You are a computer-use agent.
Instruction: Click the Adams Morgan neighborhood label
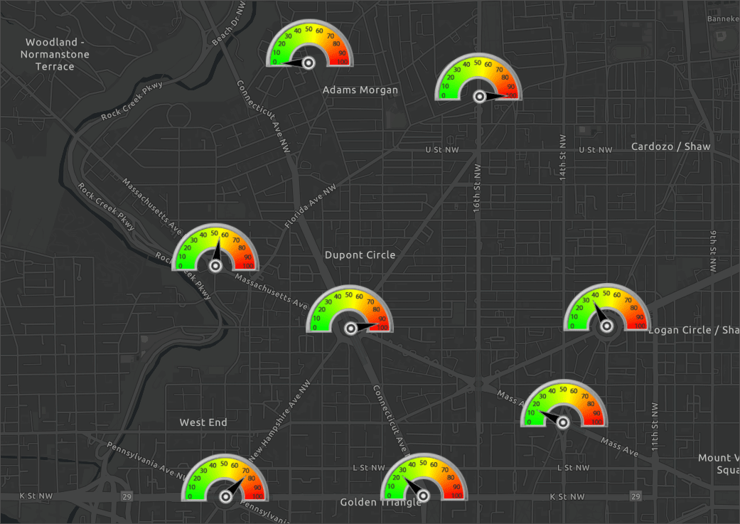[360, 90]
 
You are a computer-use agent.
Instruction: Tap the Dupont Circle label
[360, 255]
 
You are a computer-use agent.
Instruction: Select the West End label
[203, 422]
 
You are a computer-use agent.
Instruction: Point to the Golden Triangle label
[380, 502]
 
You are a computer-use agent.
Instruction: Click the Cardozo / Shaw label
[670, 146]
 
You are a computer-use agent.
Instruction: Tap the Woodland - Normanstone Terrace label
[47, 55]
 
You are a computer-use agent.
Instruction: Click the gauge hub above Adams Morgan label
[309, 63]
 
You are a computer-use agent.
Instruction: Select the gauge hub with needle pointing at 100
[480, 95]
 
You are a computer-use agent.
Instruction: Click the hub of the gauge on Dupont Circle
[350, 328]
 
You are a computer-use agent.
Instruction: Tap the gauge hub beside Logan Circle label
[606, 326]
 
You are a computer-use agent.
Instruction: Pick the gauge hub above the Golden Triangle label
[424, 494]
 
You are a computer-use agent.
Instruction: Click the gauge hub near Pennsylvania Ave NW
[225, 496]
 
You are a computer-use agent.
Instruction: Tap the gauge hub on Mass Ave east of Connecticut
[563, 422]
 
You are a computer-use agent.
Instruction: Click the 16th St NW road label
[477, 188]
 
